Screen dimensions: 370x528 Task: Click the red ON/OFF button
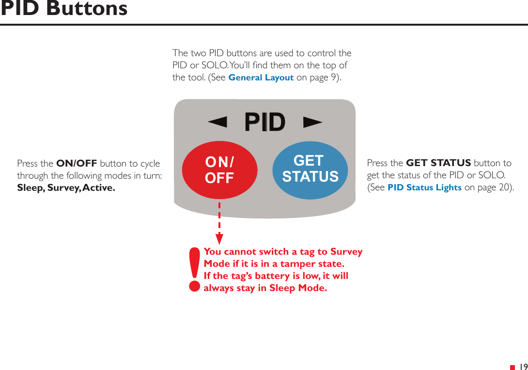[x=219, y=170]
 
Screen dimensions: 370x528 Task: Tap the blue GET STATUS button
[x=311, y=170]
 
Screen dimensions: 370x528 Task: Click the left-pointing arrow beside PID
[x=217, y=123]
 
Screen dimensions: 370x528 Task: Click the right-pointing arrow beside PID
[x=312, y=123]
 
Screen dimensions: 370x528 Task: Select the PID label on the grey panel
[x=264, y=123]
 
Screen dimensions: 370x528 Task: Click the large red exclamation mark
[x=194, y=269]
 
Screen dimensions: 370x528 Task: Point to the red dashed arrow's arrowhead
[x=219, y=238]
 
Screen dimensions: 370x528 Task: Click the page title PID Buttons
[x=64, y=9]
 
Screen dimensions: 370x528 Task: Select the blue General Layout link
[x=261, y=77]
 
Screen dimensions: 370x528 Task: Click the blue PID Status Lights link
[x=424, y=187]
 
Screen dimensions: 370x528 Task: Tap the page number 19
[x=523, y=367]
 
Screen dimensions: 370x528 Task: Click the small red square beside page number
[x=512, y=367]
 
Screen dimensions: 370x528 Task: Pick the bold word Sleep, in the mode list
[x=31, y=187]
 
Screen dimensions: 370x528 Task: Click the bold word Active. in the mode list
[x=99, y=187]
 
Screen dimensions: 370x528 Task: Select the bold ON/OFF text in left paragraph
[x=77, y=163]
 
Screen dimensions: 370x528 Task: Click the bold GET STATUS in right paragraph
[x=438, y=163]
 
